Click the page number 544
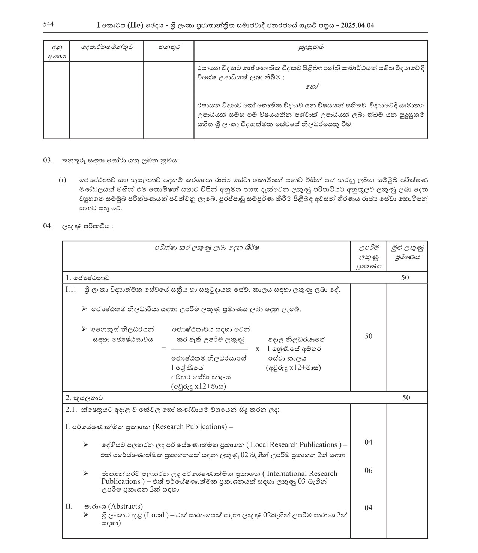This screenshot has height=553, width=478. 48,24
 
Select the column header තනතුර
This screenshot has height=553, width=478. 169,47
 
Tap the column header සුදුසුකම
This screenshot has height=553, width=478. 311,47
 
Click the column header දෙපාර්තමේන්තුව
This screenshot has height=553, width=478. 106,47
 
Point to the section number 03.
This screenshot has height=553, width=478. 48,161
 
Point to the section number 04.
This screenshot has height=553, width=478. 48,226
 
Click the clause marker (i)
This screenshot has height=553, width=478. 62,180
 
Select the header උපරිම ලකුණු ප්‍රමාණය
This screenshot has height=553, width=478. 369,257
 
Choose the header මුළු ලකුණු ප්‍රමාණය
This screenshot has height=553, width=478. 407,252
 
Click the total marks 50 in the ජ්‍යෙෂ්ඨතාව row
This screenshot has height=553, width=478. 405,277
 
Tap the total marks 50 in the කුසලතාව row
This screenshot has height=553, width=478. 406,398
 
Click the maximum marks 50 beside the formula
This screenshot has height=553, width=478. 369,336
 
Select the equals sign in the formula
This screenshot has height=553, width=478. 163,349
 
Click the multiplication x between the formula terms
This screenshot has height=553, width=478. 257,349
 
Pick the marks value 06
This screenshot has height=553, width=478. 369,470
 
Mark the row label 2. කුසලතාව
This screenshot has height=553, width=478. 84,398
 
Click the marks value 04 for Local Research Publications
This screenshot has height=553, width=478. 369,442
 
